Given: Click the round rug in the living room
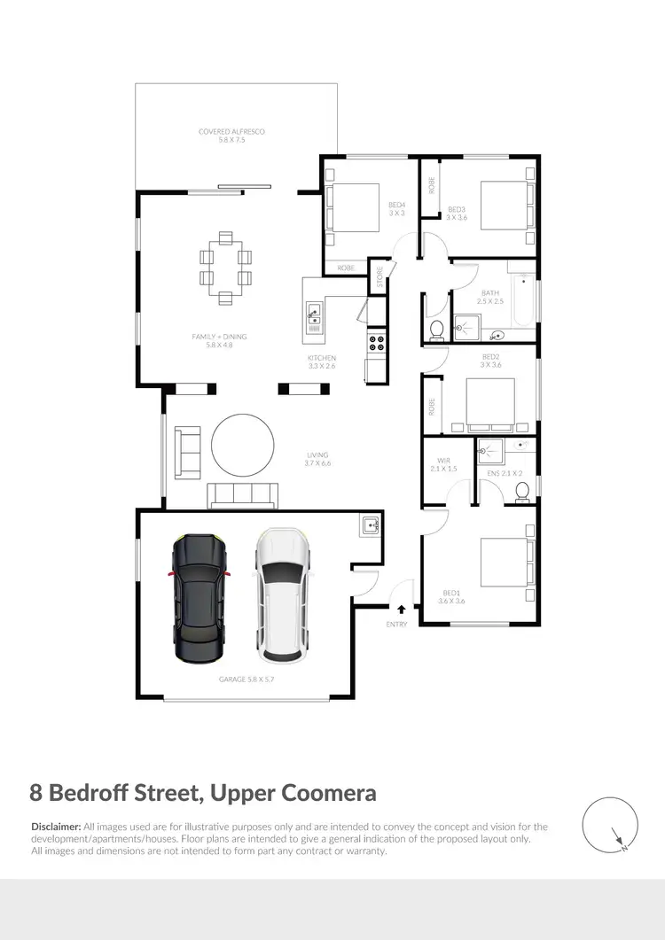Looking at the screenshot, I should point(242,447).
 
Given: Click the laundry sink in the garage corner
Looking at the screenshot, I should point(370,525).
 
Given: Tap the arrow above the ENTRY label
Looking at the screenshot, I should point(402,610).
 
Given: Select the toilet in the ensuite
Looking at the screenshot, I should point(522,490).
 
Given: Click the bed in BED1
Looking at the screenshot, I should point(504,565).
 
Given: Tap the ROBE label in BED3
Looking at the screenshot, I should point(432,186).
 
